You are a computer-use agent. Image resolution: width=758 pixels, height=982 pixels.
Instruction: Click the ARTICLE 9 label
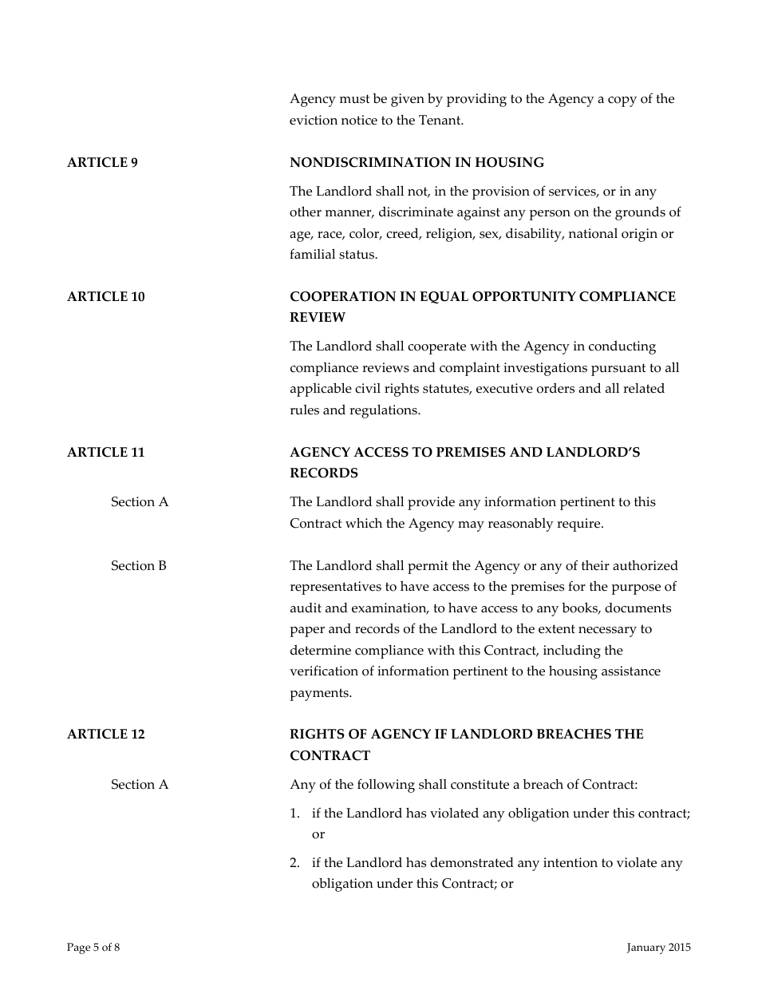tap(102, 163)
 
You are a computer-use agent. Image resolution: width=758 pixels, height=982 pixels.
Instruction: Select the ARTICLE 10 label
tap(106, 297)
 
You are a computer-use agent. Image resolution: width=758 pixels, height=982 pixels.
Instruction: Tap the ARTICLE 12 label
tap(106, 735)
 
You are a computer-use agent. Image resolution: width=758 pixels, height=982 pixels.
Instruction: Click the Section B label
tap(139, 566)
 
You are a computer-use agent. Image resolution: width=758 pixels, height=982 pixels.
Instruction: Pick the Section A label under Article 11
tap(140, 502)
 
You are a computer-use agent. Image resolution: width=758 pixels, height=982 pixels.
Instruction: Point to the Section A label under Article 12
tap(140, 785)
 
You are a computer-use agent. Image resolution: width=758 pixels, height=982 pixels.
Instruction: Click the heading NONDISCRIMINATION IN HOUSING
tap(417, 163)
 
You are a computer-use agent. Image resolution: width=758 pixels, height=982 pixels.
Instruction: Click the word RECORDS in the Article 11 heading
tap(324, 473)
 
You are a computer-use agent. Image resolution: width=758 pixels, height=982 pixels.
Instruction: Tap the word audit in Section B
tap(306, 608)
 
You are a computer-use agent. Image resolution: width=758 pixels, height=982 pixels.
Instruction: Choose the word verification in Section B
tap(323, 671)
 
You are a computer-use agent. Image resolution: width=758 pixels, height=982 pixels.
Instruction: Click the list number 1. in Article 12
tap(294, 814)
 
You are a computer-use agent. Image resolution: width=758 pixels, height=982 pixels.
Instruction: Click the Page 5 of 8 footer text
tap(93, 948)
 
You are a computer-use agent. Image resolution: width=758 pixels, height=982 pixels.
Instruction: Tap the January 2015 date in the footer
tap(658, 948)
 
